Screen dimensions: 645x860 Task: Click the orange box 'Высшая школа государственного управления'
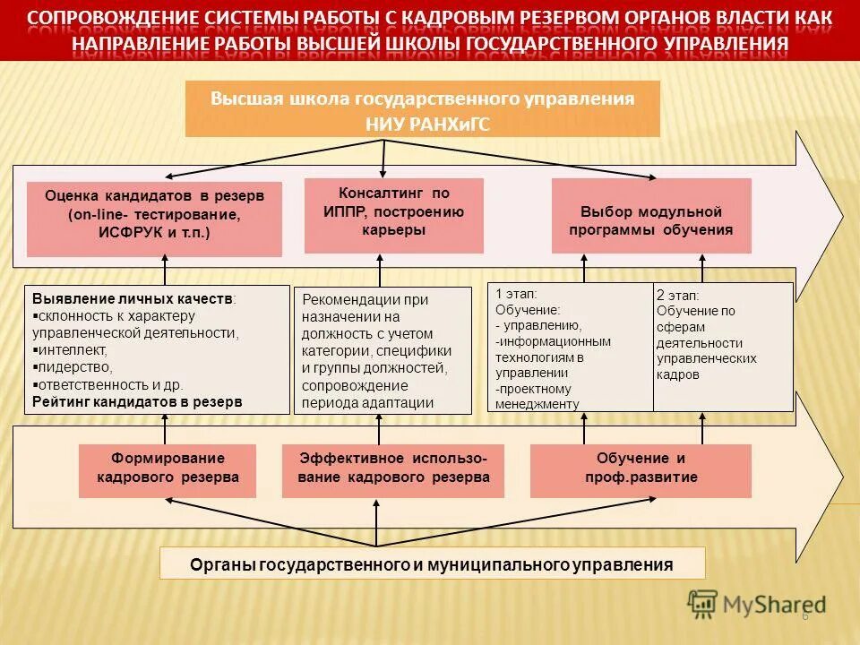422,108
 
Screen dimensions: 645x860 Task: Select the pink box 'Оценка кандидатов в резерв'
154,219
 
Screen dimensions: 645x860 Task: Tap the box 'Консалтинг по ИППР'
393,215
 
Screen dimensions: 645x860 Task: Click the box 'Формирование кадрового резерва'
168,470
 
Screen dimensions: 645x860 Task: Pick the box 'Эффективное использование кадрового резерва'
393,470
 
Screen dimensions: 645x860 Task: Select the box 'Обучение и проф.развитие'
641,470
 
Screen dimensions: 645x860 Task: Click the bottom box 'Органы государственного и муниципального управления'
432,564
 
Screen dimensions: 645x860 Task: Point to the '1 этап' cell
570,347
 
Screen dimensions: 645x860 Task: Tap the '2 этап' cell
723,347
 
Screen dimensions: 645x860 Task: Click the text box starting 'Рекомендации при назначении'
383,350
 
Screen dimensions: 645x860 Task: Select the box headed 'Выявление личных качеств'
155,348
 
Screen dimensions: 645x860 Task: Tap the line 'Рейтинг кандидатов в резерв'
137,402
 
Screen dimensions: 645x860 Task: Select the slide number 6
804,615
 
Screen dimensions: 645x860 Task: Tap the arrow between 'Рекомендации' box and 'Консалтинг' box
380,270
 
